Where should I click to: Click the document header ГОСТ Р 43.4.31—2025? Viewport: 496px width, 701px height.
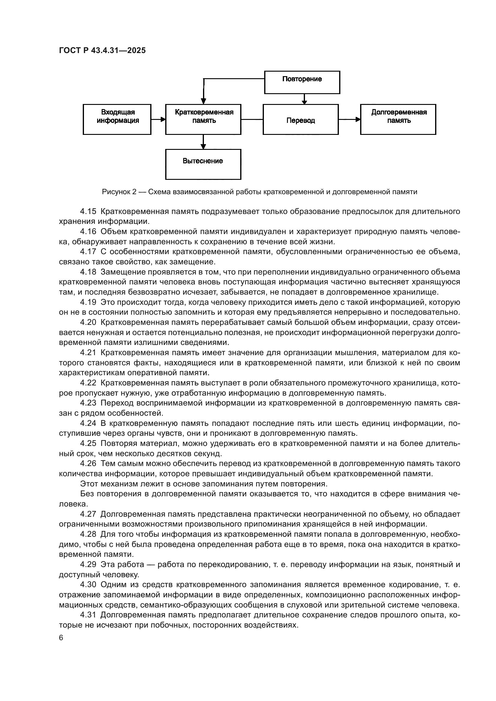click(102, 51)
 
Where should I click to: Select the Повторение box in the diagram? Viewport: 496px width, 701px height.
click(302, 82)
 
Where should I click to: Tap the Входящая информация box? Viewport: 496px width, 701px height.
click(117, 119)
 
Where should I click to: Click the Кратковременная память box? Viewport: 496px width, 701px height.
click(203, 119)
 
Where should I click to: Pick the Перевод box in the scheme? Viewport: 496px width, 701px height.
click(300, 119)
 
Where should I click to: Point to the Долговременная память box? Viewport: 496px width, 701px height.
click(398, 119)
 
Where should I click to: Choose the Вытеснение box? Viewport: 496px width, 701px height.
click(203, 164)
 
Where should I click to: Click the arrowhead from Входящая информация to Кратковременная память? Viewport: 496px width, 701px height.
click(163, 119)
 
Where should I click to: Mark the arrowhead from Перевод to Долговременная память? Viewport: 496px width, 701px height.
click(358, 119)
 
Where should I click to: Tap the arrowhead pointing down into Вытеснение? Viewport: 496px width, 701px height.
click(203, 147)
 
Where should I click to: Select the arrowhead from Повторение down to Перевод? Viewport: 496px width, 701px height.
click(304, 102)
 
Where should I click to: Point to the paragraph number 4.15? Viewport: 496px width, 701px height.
click(88, 211)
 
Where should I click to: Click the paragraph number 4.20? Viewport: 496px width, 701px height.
click(88, 322)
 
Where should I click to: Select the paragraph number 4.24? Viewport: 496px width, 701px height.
click(88, 423)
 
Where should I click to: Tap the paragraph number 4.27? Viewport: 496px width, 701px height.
click(88, 514)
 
